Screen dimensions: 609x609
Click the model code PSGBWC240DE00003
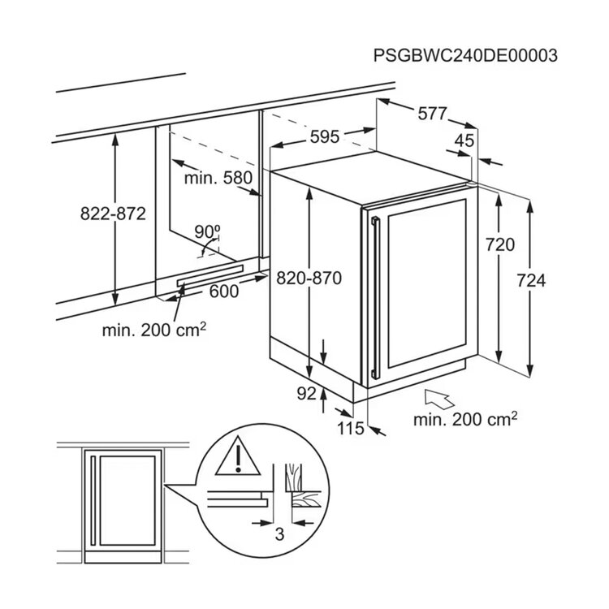point(465,55)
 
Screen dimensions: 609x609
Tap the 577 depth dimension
point(432,114)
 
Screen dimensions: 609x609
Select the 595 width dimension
point(325,136)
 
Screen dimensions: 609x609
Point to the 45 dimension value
point(464,140)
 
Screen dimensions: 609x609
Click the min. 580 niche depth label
point(218,178)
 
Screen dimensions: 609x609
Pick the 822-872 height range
point(113,214)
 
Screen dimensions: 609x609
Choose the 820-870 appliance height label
point(309,278)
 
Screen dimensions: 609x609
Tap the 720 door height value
point(500,244)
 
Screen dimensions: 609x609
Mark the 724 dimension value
point(531,280)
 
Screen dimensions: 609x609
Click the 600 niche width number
point(224,292)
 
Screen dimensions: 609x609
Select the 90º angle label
point(207,232)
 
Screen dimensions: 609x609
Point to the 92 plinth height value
point(307,394)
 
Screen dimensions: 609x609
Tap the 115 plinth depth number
point(350,429)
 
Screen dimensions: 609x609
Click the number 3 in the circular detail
point(279,533)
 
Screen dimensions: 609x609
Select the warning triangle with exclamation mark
point(238,456)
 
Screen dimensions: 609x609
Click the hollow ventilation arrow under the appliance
point(438,399)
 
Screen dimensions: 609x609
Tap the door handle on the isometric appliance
point(375,298)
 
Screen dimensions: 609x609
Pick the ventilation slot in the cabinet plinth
point(210,276)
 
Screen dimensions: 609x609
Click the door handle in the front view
point(93,501)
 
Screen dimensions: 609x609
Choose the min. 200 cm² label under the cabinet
point(154,330)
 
